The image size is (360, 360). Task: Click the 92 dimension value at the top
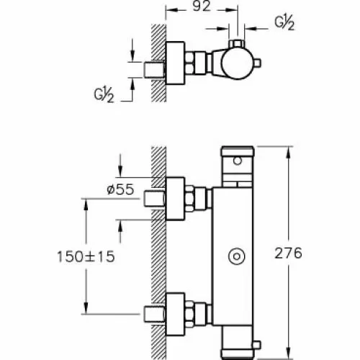tap(202, 6)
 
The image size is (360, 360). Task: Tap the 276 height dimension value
tap(288, 253)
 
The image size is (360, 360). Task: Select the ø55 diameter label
tap(120, 189)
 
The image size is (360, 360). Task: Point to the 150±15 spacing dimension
tap(86, 256)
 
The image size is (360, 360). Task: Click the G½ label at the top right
tap(284, 23)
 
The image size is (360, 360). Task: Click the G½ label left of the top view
tap(104, 95)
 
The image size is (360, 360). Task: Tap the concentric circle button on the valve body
tap(237, 256)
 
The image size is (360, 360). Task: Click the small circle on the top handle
tap(238, 161)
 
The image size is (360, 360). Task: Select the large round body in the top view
tap(237, 63)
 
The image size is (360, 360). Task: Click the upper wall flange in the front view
tap(175, 199)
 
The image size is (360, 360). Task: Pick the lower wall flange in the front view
tap(175, 314)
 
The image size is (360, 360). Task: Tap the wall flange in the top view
tap(175, 63)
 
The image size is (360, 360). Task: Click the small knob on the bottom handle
tap(256, 345)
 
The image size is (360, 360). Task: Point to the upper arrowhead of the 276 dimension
tap(289, 152)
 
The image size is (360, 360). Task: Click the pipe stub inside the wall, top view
tap(154, 70)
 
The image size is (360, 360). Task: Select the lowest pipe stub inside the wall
tap(154, 314)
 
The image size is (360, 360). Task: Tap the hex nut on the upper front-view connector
tap(189, 199)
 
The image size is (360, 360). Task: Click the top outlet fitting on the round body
tap(237, 44)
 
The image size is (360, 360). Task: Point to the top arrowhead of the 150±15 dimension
tap(86, 204)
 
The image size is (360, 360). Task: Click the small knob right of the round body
tap(257, 63)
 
